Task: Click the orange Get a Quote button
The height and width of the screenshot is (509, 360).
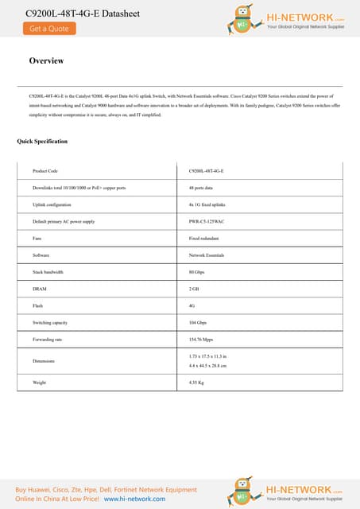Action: pyautogui.click(x=49, y=29)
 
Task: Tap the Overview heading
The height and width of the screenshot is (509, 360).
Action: pyautogui.click(x=46, y=61)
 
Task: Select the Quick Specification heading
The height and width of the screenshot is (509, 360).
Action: pyautogui.click(x=42, y=142)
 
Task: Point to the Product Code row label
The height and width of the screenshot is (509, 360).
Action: pyautogui.click(x=45, y=171)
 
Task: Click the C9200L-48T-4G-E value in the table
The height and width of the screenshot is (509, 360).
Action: pyautogui.click(x=207, y=171)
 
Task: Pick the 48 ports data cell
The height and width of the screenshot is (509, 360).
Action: pyautogui.click(x=202, y=188)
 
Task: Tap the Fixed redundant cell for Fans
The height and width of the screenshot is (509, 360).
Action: pyautogui.click(x=203, y=238)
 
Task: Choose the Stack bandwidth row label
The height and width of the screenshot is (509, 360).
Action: pyautogui.click(x=48, y=272)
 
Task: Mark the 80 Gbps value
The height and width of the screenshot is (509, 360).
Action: pyautogui.click(x=197, y=272)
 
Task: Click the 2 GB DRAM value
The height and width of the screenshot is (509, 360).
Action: pyautogui.click(x=194, y=289)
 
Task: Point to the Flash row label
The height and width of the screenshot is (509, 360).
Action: pyautogui.click(x=37, y=305)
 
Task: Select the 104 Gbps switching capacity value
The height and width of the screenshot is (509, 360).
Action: pyautogui.click(x=198, y=322)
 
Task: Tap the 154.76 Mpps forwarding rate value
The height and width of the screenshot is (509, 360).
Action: pyautogui.click(x=202, y=339)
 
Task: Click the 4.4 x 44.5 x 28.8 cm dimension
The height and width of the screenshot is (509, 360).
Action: pyautogui.click(x=208, y=365)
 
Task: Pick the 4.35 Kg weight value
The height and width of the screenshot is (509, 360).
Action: pyautogui.click(x=197, y=383)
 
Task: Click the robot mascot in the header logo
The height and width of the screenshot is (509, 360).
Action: pyautogui.click(x=243, y=19)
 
